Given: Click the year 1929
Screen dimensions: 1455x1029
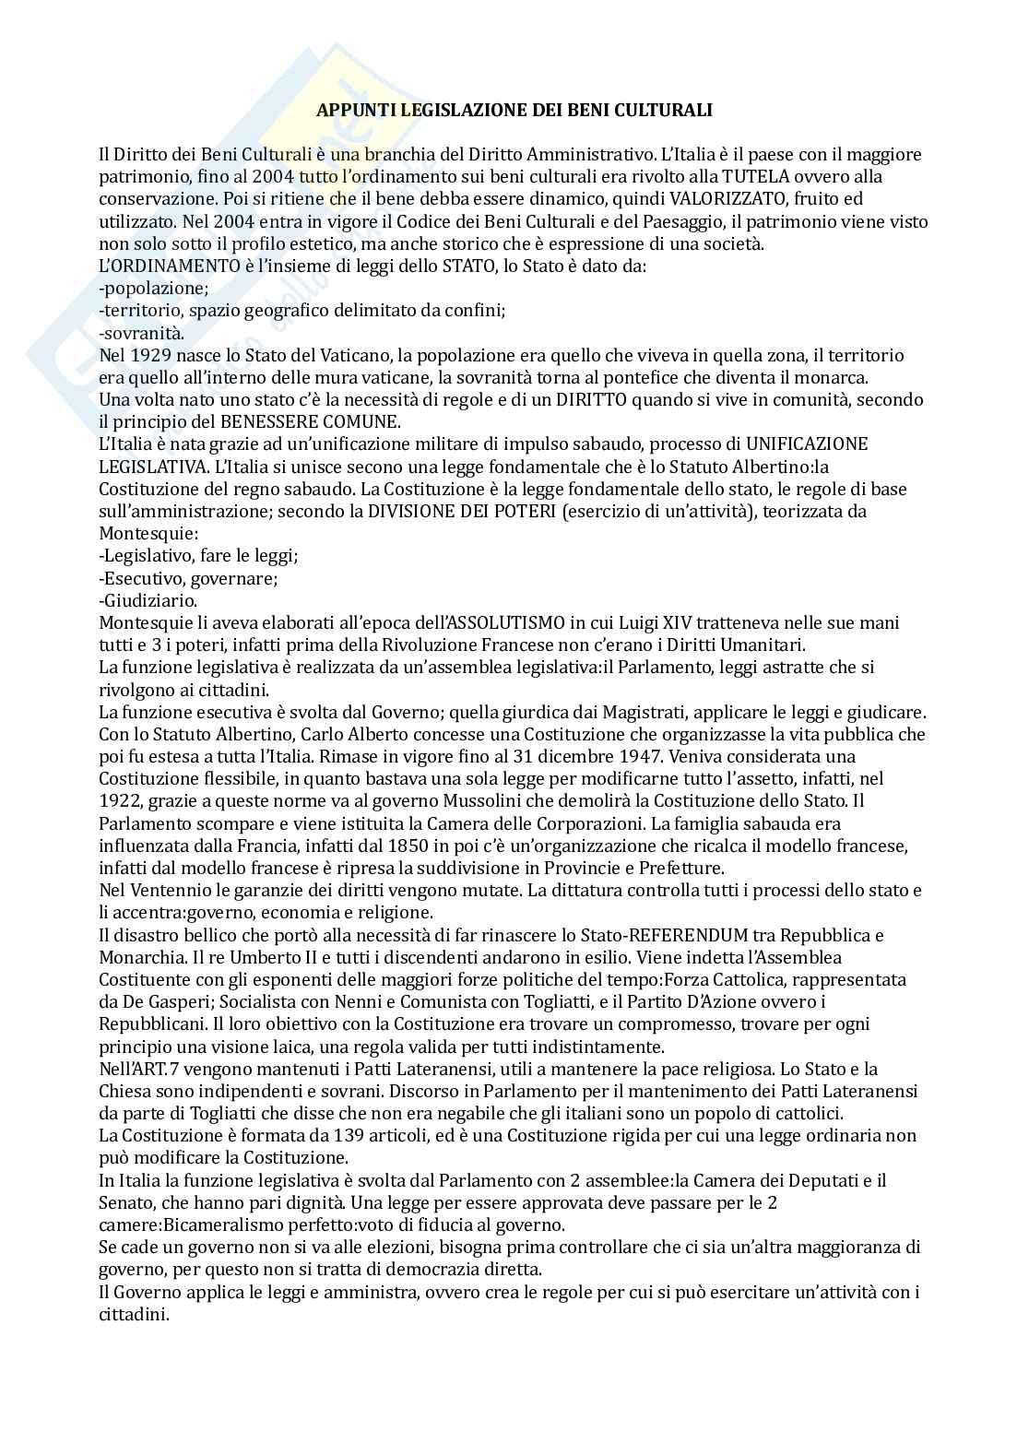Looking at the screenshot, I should coord(149,355).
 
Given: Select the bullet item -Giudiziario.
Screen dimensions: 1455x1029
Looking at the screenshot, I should coord(148,600).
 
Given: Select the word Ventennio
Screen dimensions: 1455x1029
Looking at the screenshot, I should coord(170,891).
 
